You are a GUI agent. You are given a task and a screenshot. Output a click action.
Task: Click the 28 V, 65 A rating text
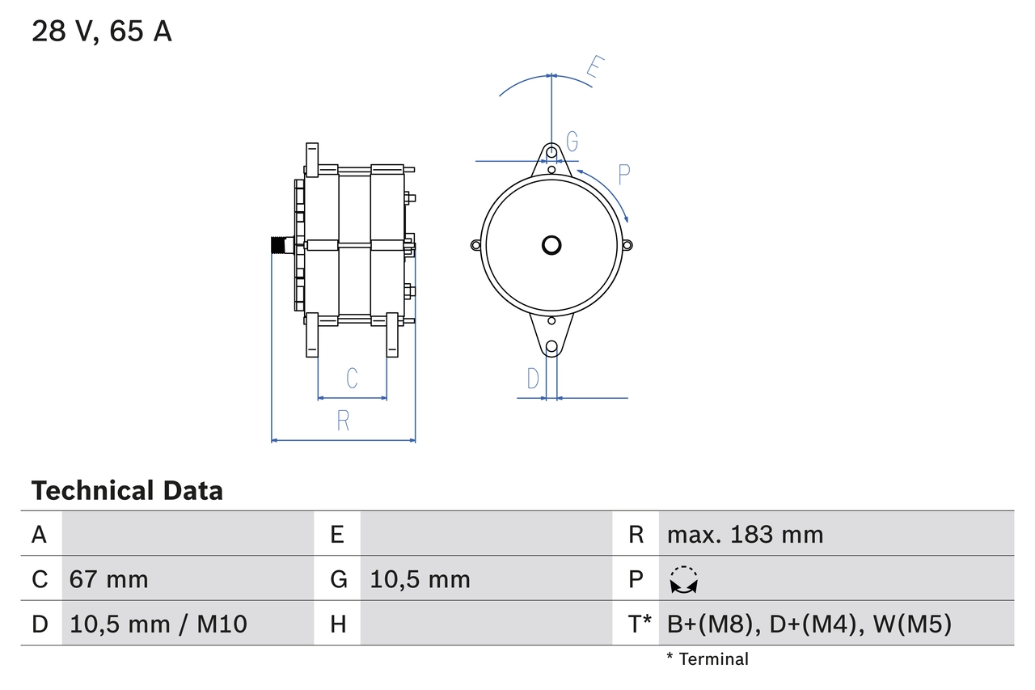[x=102, y=32]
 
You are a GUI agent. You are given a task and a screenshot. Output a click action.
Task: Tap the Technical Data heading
[x=127, y=490]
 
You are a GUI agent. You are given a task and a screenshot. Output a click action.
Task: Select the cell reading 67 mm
[x=108, y=579]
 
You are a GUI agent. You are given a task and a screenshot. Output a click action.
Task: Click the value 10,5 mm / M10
[x=158, y=624]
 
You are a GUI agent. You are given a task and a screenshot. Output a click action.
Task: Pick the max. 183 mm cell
[x=745, y=534]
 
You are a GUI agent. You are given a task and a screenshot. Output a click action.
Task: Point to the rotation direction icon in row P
[x=684, y=579]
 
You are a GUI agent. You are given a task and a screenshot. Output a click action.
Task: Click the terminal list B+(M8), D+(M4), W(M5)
[x=809, y=624]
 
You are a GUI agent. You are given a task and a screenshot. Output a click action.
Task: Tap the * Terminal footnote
[x=708, y=659]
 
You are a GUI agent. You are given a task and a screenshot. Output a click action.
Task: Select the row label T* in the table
[x=640, y=624]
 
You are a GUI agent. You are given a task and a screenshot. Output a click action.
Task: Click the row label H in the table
[x=338, y=624]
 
